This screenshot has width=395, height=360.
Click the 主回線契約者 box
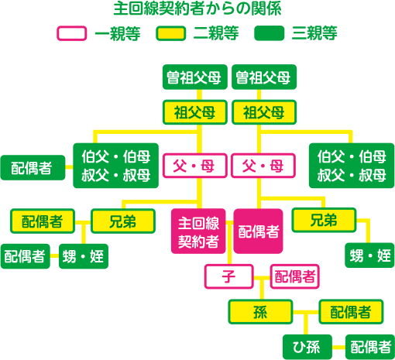point(198,231)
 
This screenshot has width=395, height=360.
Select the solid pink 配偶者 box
point(258,231)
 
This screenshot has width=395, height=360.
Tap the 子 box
point(228,276)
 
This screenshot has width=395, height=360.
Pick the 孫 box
point(260,312)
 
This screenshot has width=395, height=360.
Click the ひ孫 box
point(307,347)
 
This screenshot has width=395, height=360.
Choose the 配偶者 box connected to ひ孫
point(370,347)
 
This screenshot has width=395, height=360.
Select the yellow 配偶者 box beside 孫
point(351,312)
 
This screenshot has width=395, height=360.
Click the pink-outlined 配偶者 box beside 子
point(295,276)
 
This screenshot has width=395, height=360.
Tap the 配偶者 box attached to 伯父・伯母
point(33,167)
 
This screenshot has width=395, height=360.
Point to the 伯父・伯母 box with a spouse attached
point(115,166)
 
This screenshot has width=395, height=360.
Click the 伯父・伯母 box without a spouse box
point(352,166)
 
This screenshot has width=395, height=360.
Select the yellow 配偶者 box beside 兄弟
point(43,221)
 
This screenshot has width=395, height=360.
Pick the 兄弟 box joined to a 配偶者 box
point(123,221)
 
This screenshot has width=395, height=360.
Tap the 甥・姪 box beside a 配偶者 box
point(84,256)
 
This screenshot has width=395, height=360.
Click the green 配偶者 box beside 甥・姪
point(25,256)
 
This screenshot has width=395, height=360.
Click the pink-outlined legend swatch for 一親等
point(72,33)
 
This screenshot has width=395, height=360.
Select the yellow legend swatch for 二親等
point(171,33)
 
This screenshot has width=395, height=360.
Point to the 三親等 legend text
point(314,33)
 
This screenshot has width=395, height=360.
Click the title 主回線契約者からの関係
point(197,9)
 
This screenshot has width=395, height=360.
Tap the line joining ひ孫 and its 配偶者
point(338,347)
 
